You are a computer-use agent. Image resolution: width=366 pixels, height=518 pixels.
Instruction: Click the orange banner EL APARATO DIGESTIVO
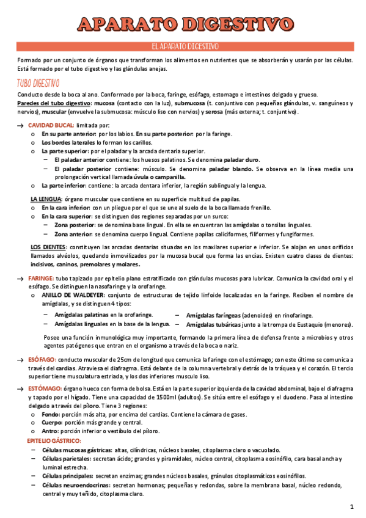(x=183, y=46)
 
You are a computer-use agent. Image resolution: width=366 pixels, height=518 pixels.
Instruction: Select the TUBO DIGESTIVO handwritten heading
(x=38, y=83)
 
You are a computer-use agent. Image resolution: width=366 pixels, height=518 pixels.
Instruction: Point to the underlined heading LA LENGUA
(x=46, y=199)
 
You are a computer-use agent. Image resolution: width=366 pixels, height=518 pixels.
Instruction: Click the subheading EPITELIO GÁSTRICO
(x=54, y=440)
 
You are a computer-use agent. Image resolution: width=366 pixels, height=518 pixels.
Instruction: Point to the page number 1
(x=352, y=506)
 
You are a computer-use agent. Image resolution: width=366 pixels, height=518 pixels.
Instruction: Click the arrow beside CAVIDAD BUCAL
(x=21, y=125)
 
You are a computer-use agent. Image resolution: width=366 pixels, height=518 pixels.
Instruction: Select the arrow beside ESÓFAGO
(x=21, y=360)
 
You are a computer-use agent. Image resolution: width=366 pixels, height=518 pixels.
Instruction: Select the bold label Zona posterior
(x=75, y=225)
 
